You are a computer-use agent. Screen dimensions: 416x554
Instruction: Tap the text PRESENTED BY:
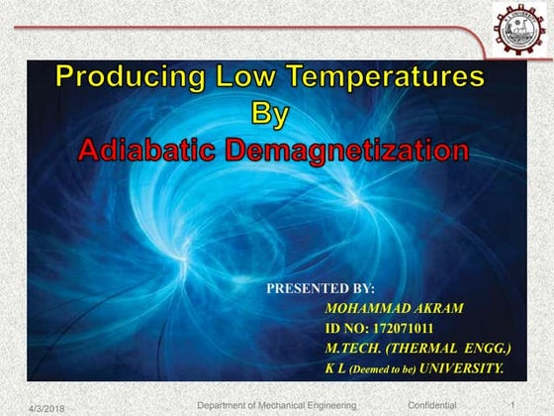pyautogui.click(x=321, y=288)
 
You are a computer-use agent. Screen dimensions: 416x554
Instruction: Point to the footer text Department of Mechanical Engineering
pyautogui.click(x=276, y=405)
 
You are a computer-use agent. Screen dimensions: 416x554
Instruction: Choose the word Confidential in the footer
pyautogui.click(x=432, y=405)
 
